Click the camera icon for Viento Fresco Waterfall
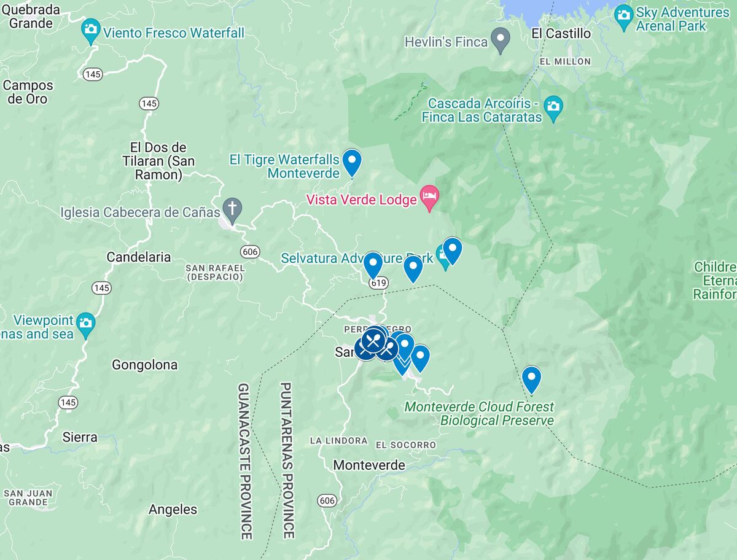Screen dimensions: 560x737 click(x=91, y=29)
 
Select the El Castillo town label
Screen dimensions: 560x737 click(x=561, y=34)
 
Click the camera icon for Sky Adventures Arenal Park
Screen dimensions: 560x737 click(x=623, y=14)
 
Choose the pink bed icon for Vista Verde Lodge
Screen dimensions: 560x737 click(x=429, y=196)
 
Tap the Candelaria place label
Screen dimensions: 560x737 click(x=139, y=257)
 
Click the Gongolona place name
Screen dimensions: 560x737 click(x=144, y=365)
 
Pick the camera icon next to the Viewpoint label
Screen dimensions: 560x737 click(x=86, y=322)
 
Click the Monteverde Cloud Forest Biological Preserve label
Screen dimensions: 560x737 click(x=479, y=414)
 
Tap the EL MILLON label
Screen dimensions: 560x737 click(x=564, y=61)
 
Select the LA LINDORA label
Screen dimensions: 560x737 click(x=338, y=441)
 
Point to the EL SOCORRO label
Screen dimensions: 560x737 click(x=405, y=445)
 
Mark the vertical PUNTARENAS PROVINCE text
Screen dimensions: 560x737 click(x=286, y=461)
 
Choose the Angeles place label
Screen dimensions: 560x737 click(x=173, y=510)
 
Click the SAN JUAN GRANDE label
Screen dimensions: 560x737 click(x=28, y=497)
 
